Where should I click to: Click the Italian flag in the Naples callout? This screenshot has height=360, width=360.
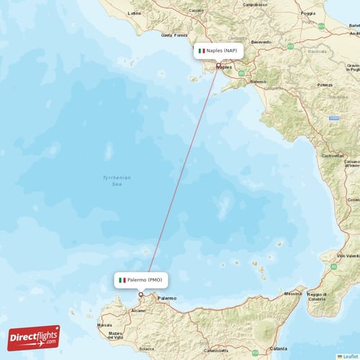click(202, 51)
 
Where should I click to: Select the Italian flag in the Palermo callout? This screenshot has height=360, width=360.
click(123, 279)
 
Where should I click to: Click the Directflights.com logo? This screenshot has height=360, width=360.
click(34, 337)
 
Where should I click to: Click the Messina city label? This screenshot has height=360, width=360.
click(292, 294)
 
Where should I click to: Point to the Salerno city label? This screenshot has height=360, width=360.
click(258, 82)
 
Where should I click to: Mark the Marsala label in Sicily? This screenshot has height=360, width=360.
click(105, 325)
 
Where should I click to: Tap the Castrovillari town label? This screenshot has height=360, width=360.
click(333, 156)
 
